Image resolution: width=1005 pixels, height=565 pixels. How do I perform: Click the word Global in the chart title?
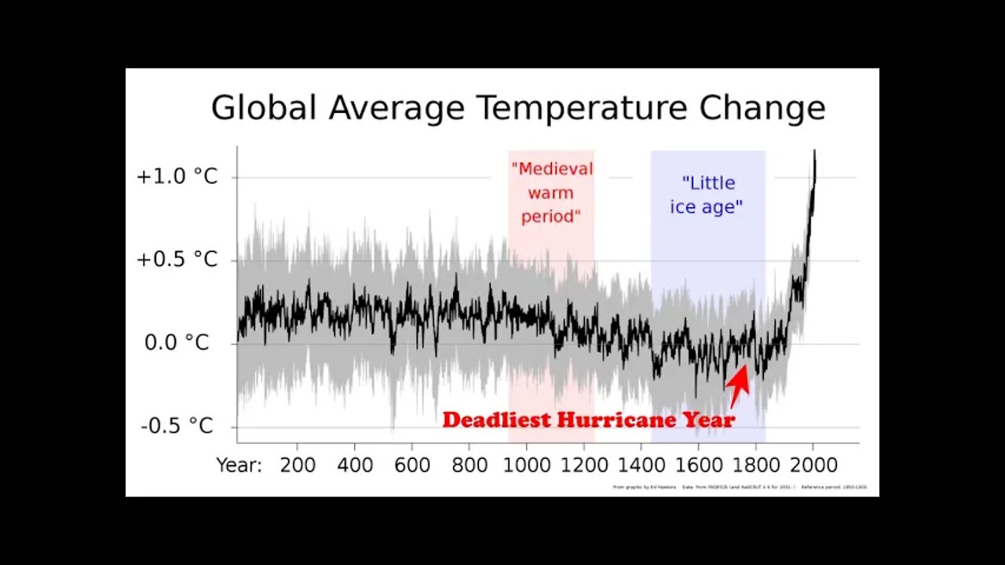(x=264, y=108)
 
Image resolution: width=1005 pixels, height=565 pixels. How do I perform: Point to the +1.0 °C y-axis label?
(x=177, y=177)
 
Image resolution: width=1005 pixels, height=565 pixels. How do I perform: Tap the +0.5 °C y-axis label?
(x=177, y=260)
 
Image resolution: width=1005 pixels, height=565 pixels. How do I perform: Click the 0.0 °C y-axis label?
(x=177, y=343)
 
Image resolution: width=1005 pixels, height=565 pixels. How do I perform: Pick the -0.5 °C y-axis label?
(x=177, y=426)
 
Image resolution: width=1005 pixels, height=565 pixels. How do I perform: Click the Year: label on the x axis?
(x=239, y=465)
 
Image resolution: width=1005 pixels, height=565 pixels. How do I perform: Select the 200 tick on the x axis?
(x=298, y=465)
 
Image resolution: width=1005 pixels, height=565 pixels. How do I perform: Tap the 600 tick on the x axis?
(x=412, y=465)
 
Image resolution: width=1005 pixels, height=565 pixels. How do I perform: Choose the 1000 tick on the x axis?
(x=527, y=465)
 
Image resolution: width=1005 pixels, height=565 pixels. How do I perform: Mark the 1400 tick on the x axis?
(x=641, y=465)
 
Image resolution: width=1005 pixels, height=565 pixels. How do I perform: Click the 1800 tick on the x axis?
(x=755, y=465)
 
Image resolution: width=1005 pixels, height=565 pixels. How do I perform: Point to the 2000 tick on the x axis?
(x=813, y=465)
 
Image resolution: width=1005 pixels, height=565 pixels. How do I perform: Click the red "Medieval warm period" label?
(x=551, y=192)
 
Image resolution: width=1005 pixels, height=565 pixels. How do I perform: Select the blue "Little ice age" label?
(x=708, y=195)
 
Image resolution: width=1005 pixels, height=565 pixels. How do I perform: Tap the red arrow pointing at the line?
(x=737, y=385)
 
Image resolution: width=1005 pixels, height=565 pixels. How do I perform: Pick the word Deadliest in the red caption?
(x=497, y=420)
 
